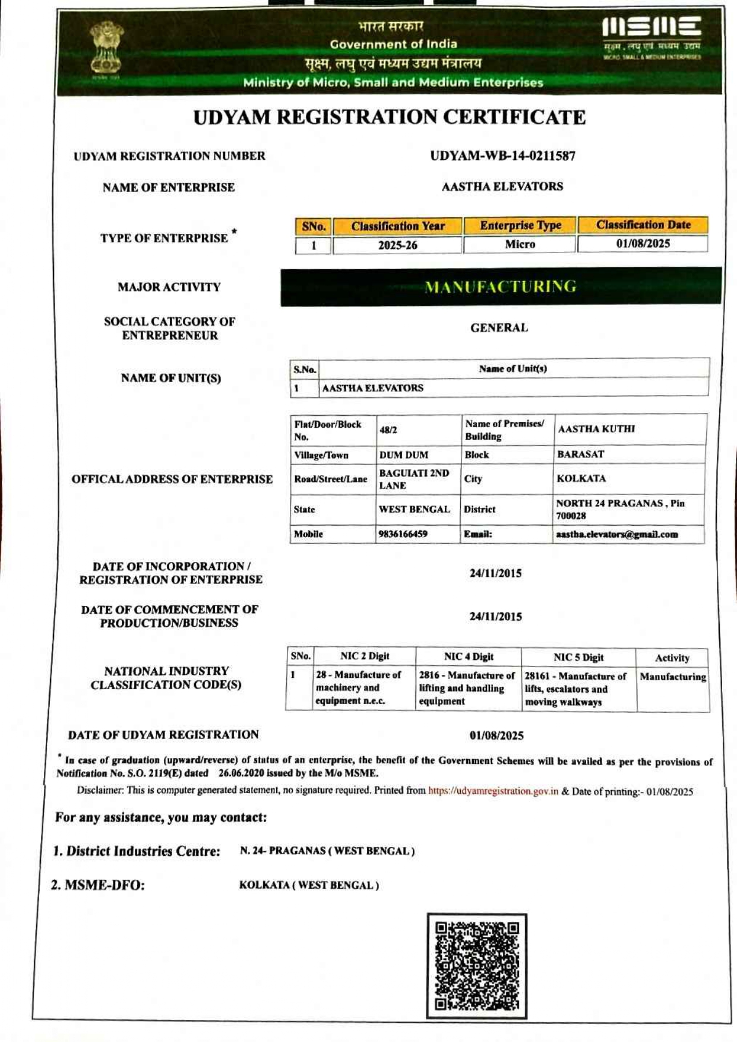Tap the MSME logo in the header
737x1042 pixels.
(651, 38)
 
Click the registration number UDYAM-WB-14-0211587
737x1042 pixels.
(502, 156)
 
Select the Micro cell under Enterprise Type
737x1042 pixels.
(520, 244)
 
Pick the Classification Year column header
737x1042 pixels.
(397, 226)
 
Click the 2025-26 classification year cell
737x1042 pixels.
(397, 245)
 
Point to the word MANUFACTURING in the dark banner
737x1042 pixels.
(500, 287)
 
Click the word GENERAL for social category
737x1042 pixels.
(499, 328)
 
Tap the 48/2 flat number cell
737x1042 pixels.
(388, 430)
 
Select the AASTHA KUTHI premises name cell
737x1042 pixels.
(596, 429)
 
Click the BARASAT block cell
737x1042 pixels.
(580, 454)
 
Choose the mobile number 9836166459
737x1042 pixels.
(403, 534)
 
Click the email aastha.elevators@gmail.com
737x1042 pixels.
(616, 534)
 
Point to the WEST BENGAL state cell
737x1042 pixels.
(414, 510)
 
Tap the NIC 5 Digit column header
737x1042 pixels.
(578, 658)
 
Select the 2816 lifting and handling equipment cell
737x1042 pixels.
(467, 689)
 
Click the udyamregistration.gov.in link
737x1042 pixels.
(493, 791)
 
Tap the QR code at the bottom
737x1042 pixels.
(477, 966)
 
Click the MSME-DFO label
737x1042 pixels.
(98, 885)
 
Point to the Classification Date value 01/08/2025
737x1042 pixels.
(643, 244)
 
